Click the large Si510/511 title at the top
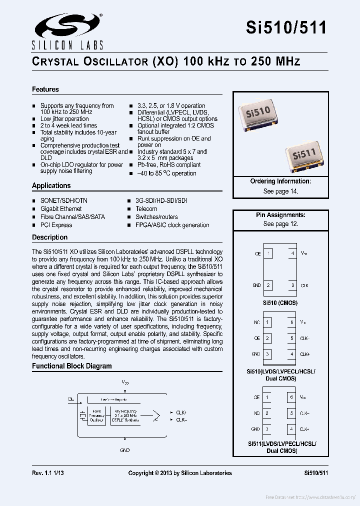pyautogui.click(x=286, y=27)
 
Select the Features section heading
pyautogui.click(x=45, y=89)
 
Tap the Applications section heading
pyautogui.click(x=51, y=185)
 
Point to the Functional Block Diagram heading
pyautogui.click(x=72, y=366)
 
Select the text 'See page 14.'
pyautogui.click(x=280, y=191)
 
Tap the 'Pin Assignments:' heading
pyautogui.click(x=280, y=215)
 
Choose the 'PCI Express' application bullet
pyautogui.click(x=56, y=225)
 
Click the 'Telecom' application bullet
pyautogui.click(x=146, y=208)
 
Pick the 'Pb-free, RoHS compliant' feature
pyautogui.click(x=168, y=164)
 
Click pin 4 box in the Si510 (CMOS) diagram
pyautogui.click(x=292, y=253)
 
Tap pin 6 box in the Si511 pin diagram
pyautogui.click(x=291, y=397)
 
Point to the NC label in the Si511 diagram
pyautogui.click(x=256, y=413)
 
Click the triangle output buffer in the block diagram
pyautogui.click(x=156, y=416)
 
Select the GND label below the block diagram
pyautogui.click(x=125, y=450)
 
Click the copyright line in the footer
pyautogui.click(x=180, y=472)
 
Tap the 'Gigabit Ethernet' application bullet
pyautogui.click(x=61, y=208)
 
